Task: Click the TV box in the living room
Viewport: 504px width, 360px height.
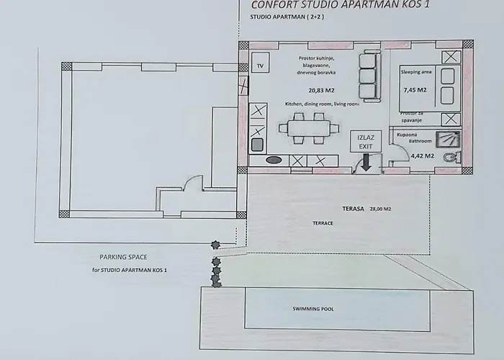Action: pos(260,63)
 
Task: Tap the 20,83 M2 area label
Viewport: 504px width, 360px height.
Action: pos(321,91)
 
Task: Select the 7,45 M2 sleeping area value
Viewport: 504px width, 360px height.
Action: pos(415,90)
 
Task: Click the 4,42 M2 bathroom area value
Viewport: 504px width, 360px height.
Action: pos(423,156)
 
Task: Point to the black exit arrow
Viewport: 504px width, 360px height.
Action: pos(366,163)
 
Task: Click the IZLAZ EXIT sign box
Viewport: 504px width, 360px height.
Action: pos(366,141)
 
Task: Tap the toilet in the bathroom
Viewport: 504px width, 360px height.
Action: pos(452,157)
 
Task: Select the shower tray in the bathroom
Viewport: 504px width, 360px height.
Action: pos(448,140)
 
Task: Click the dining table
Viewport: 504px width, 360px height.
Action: pos(309,129)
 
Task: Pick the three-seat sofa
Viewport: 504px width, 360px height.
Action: pos(369,76)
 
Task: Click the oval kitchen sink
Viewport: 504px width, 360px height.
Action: pos(274,160)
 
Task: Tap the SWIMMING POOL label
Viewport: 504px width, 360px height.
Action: pos(313,309)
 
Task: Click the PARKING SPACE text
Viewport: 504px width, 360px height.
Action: pos(123,257)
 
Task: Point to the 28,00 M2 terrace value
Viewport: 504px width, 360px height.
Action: pos(380,209)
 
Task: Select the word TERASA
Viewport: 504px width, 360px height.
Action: pos(353,209)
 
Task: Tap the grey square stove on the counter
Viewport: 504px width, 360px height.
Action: pos(257,144)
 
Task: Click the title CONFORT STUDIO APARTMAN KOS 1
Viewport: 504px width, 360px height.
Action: pos(340,5)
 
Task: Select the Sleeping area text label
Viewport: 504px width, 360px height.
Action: pos(416,72)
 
